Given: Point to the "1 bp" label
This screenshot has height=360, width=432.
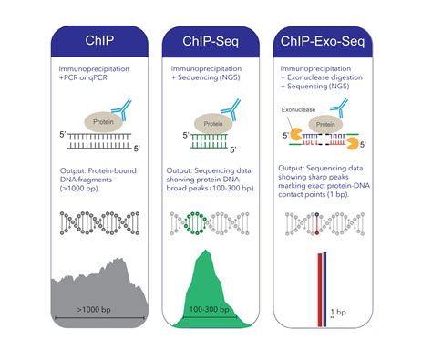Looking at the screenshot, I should tap(338, 311).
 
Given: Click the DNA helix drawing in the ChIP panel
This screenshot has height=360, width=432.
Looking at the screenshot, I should tap(98, 221).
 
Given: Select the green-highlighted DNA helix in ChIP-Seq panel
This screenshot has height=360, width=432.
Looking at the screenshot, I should tap(210, 221).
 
